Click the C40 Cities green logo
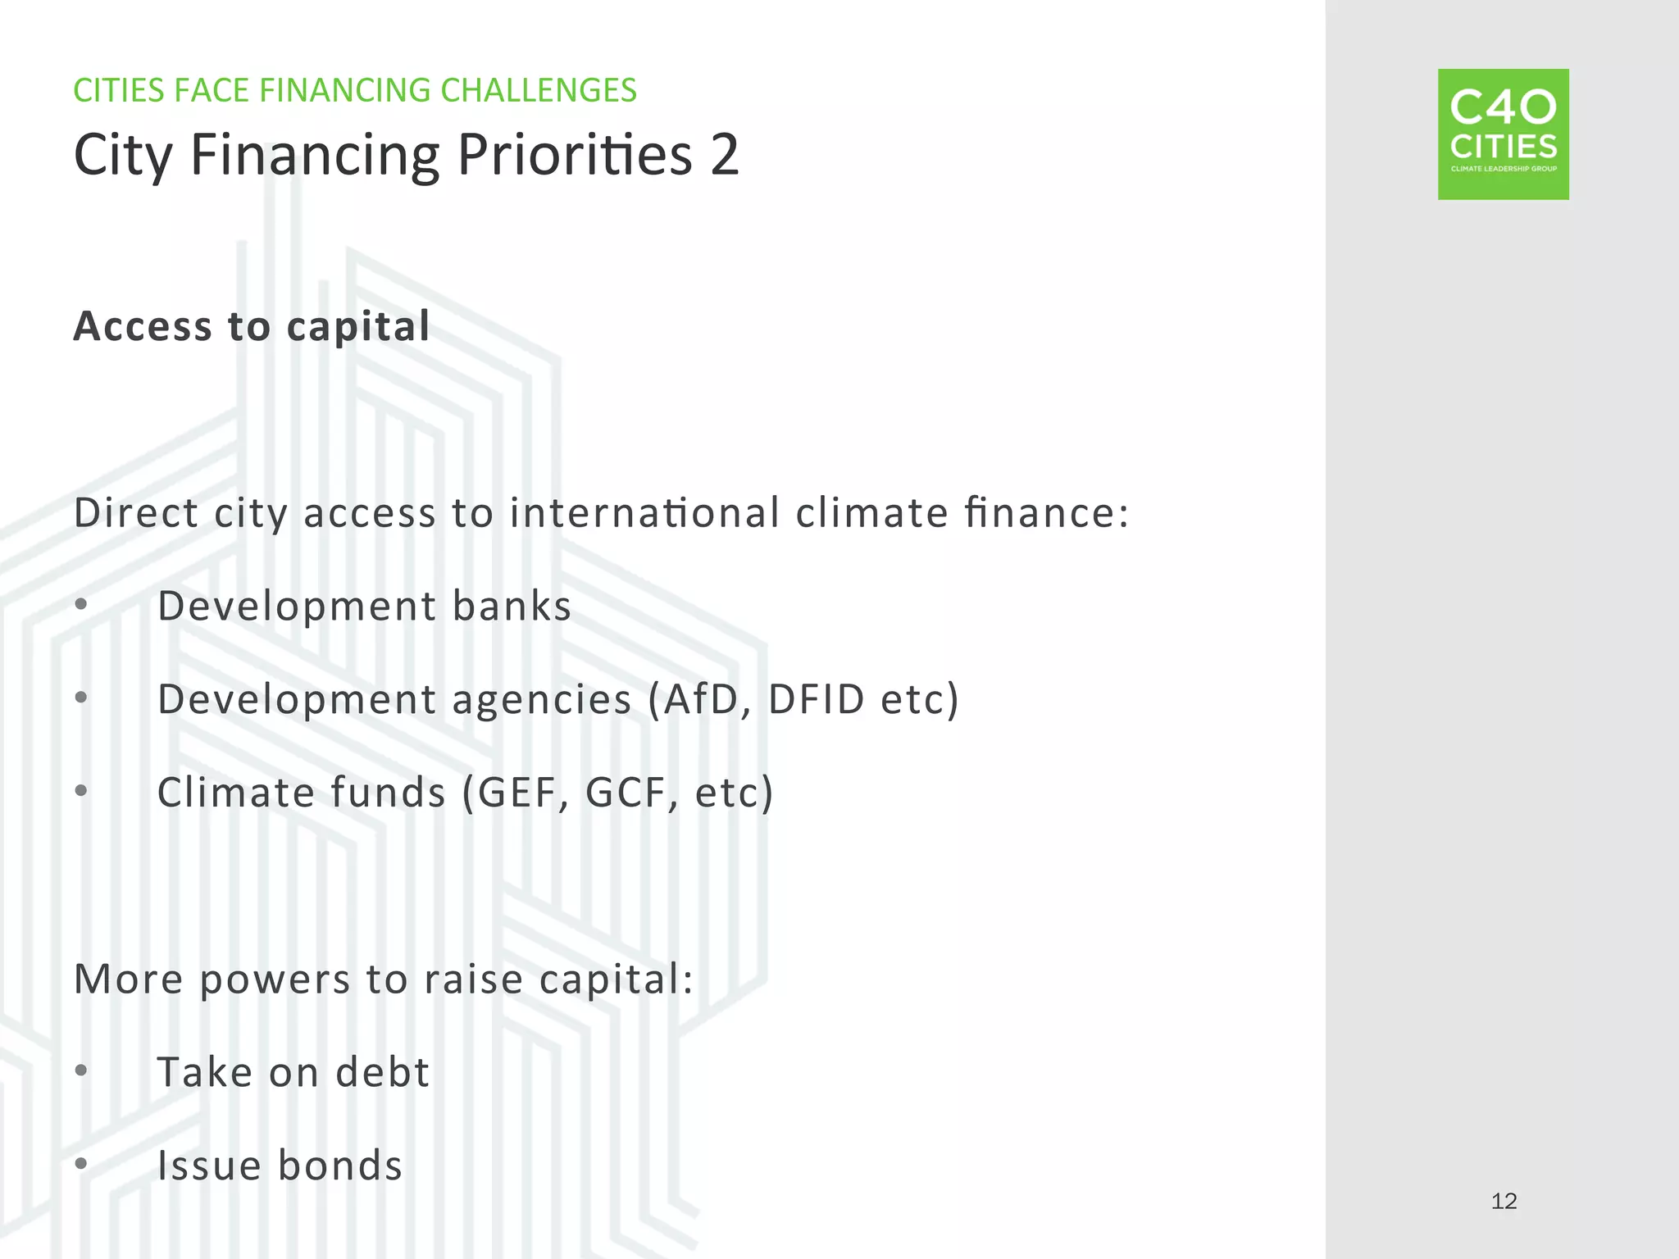1503,134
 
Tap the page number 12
1504,1202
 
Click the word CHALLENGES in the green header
538,90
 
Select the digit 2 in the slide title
725,155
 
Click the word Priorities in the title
575,155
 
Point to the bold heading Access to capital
252,326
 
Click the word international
644,514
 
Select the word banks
512,607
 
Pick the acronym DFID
816,699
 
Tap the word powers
275,980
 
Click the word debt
382,1073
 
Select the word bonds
340,1166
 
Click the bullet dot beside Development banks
80,605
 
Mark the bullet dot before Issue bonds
80,1164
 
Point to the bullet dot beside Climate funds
80,791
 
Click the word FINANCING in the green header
344,90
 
